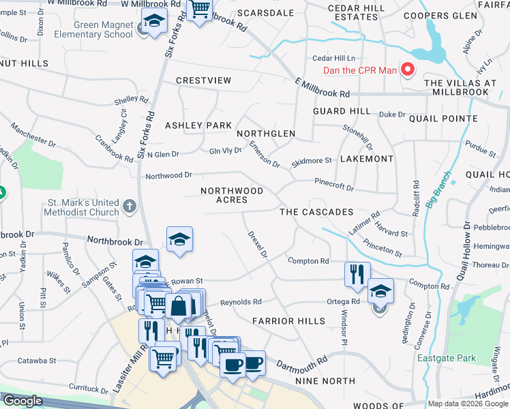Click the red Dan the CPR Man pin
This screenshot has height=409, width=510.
click(408, 69)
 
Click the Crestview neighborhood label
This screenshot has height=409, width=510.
click(203, 80)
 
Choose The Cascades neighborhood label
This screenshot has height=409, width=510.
click(316, 212)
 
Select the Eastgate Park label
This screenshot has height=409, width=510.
click(438, 357)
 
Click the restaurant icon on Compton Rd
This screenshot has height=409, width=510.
click(357, 274)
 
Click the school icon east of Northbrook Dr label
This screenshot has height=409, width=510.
click(179, 239)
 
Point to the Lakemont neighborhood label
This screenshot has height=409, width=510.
click(366, 159)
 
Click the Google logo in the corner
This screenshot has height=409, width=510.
click(22, 401)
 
